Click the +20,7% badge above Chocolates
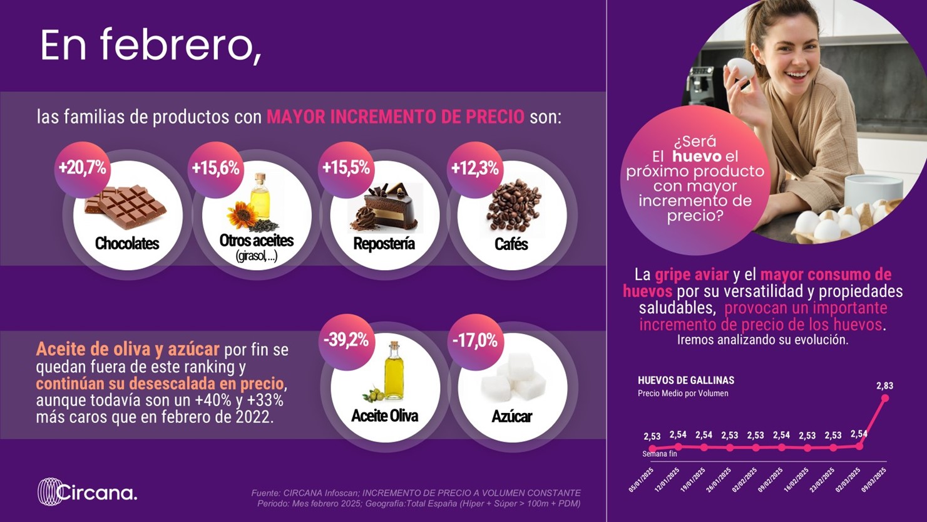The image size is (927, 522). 83,169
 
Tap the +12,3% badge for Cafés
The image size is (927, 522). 474,169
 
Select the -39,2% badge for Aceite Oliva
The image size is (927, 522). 346,340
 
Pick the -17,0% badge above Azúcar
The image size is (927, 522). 474,340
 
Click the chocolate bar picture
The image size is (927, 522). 125,207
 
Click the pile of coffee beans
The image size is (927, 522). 513,206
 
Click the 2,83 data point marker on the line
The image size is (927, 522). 885,398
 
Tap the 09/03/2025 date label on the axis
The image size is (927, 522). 874,480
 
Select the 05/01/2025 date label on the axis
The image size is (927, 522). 641,480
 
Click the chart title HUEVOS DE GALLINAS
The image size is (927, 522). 686,380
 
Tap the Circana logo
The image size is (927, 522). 87,492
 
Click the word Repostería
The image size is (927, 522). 384,244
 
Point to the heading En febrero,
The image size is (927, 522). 151,46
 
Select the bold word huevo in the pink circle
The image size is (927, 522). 697,157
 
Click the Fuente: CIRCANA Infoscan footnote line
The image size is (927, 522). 416,493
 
